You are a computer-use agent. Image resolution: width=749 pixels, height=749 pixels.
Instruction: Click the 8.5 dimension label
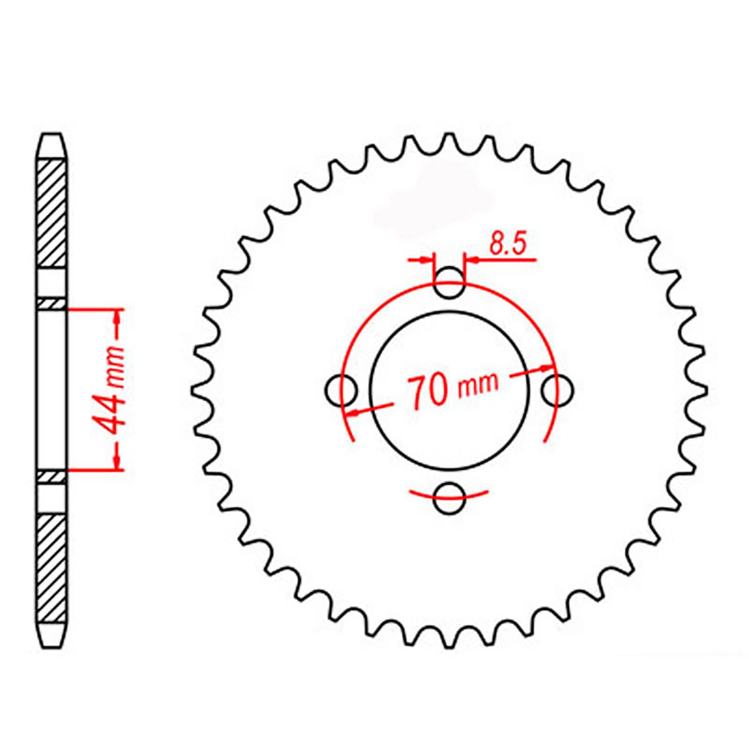[508, 244]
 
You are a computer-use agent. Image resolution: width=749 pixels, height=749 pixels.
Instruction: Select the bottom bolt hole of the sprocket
[449, 499]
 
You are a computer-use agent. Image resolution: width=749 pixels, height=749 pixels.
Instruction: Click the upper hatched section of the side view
[51, 213]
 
